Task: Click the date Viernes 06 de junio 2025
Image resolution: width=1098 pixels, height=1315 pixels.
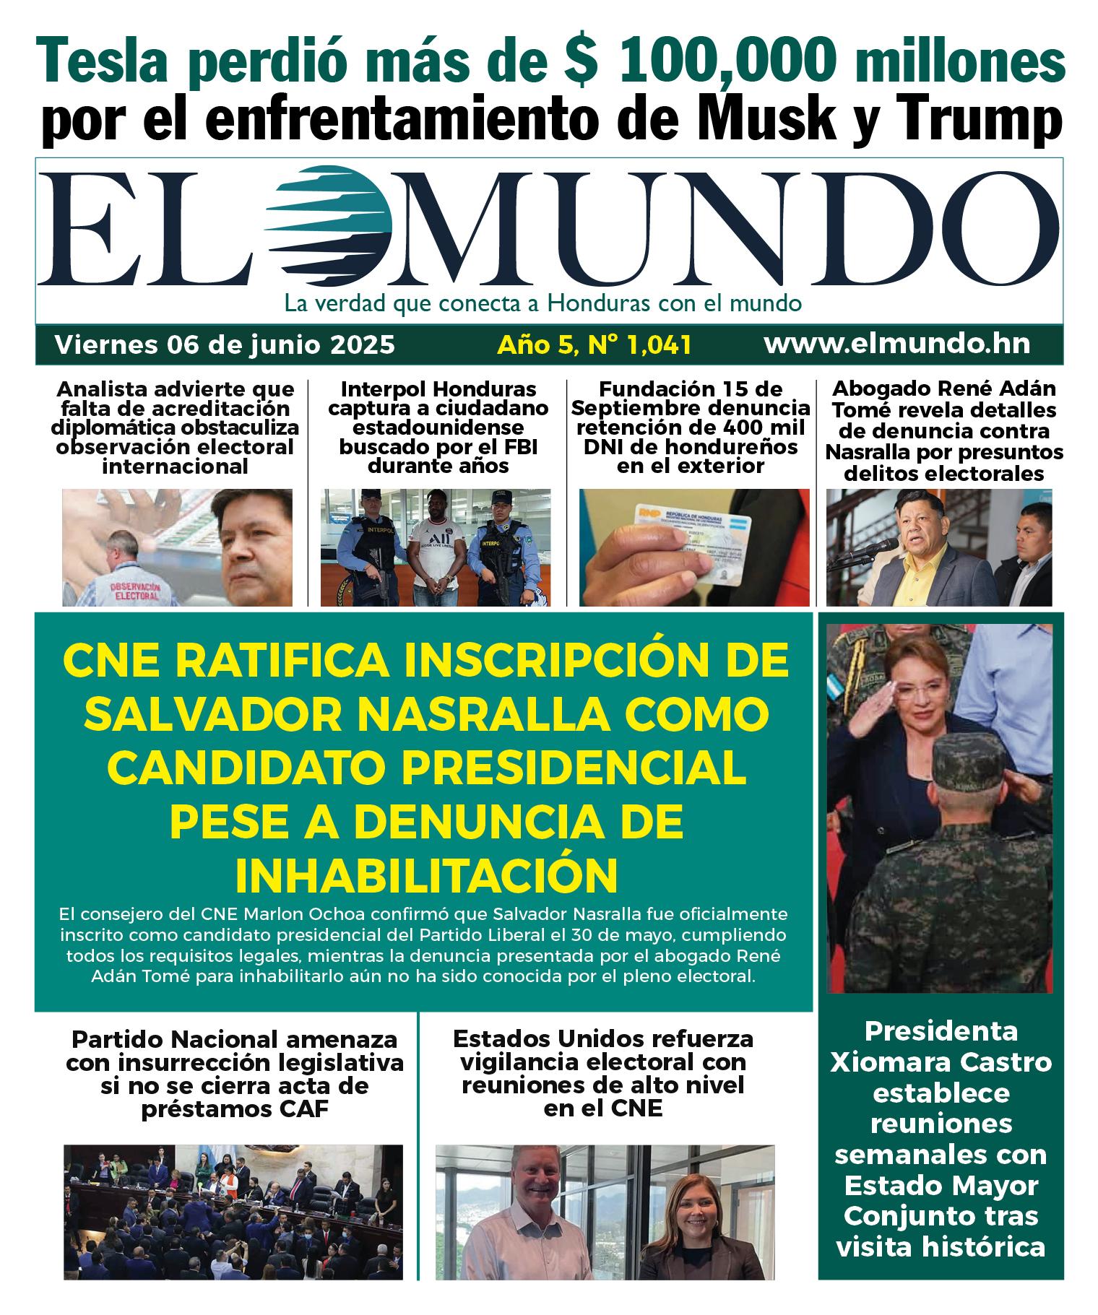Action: (225, 344)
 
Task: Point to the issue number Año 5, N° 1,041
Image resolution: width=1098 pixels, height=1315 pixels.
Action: (594, 344)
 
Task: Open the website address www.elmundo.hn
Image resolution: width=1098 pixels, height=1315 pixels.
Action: (896, 344)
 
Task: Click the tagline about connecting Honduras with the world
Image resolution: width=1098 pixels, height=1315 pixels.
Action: (542, 303)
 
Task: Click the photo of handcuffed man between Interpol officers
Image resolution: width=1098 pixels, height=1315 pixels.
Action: (436, 547)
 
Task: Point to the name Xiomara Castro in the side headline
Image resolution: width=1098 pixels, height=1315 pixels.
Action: (941, 1062)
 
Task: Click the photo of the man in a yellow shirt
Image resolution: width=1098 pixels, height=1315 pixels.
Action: (938, 547)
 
